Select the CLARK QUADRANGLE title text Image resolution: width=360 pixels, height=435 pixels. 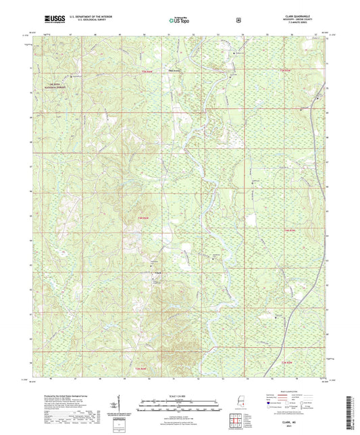click(310, 17)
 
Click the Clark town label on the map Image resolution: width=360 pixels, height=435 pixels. click(159, 273)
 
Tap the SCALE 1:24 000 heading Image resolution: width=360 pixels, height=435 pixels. click(180, 395)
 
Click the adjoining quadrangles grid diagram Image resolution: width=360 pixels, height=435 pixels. click(234, 421)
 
